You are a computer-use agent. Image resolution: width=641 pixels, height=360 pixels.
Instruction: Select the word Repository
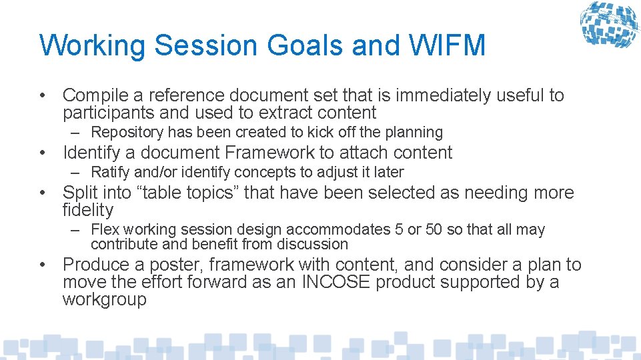[127, 133]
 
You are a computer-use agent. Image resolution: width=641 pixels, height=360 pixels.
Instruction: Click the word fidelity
[87, 210]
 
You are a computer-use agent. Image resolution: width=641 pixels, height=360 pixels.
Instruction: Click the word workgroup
[104, 299]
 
